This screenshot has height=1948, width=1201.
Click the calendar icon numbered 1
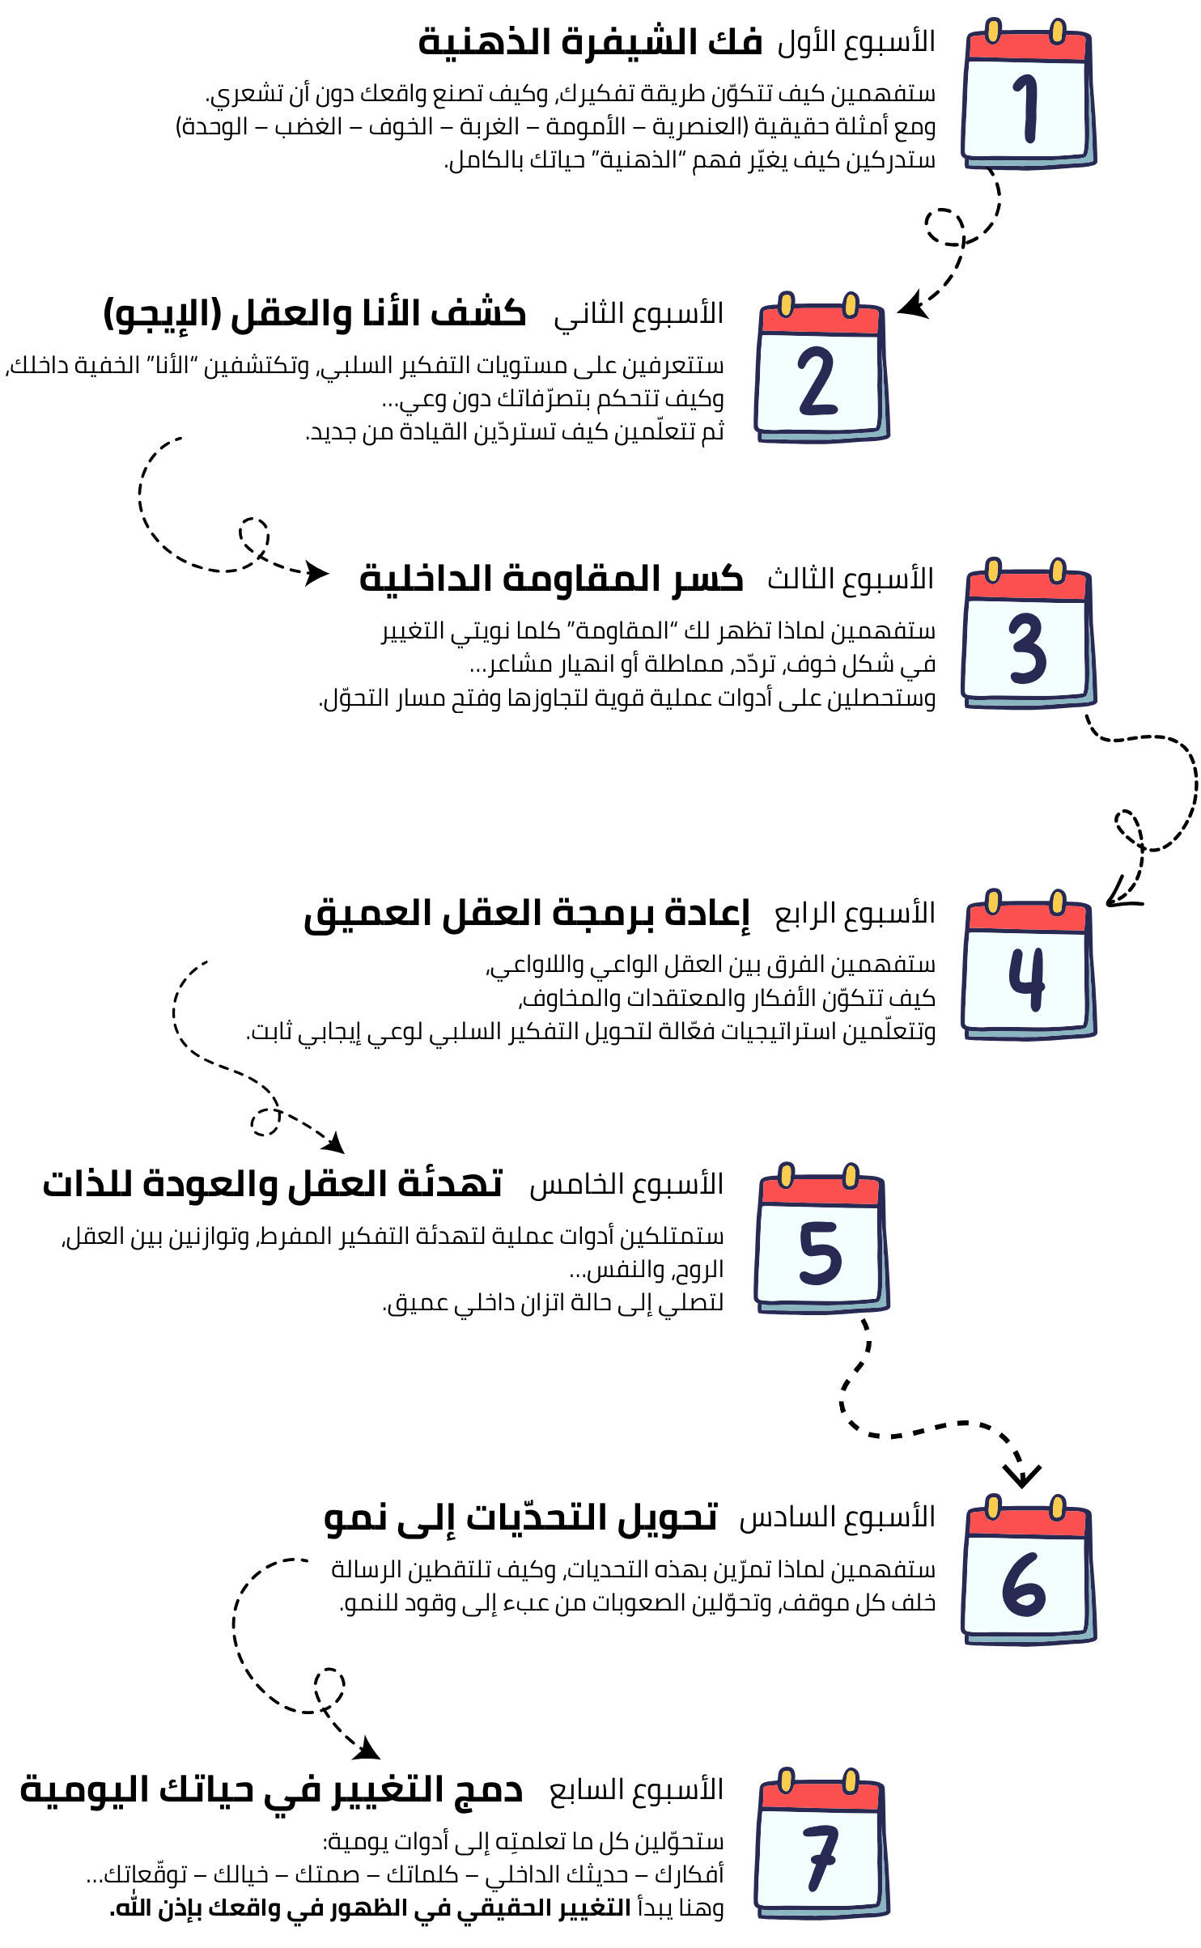pyautogui.click(x=1028, y=95)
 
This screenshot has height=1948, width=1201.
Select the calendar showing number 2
pyautogui.click(x=821, y=369)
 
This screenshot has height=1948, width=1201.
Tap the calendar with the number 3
pyautogui.click(x=1028, y=635)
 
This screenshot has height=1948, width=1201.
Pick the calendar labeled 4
pyautogui.click(x=1028, y=966)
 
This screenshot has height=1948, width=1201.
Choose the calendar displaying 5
pyautogui.click(x=821, y=1240)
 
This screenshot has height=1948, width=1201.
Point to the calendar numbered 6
pyautogui.click(x=1028, y=1572)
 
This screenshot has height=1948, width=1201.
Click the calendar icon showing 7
pyautogui.click(x=821, y=1845)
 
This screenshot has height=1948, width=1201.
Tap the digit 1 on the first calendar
pyautogui.click(x=1028, y=108)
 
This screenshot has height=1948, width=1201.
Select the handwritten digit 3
pyautogui.click(x=1028, y=647)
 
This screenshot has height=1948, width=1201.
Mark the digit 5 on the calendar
pyautogui.click(x=820, y=1253)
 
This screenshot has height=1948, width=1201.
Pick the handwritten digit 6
pyautogui.click(x=1024, y=1585)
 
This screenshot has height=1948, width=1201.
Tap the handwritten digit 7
pyautogui.click(x=821, y=1858)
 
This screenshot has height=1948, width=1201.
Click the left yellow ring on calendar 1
pyautogui.click(x=993, y=31)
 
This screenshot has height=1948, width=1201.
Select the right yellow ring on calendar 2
pyautogui.click(x=851, y=304)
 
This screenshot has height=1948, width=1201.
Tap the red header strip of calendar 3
pyautogui.click(x=1026, y=587)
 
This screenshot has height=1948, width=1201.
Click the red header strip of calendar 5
pyautogui.click(x=820, y=1191)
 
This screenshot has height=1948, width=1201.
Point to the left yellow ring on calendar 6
pyautogui.click(x=993, y=1507)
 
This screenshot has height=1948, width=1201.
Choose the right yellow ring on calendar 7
pyautogui.click(x=851, y=1780)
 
